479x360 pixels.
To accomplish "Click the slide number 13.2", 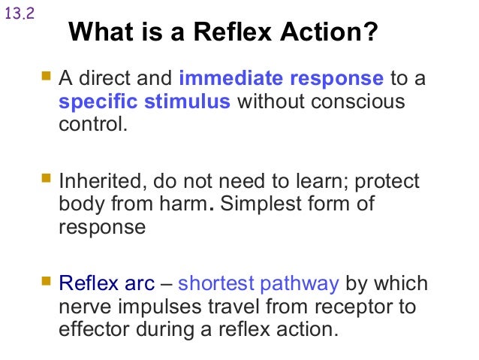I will [20, 15].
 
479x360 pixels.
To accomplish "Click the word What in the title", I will [97, 33].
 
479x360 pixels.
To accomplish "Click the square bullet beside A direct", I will [47, 77].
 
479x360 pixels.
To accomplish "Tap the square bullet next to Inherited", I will [47, 180].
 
